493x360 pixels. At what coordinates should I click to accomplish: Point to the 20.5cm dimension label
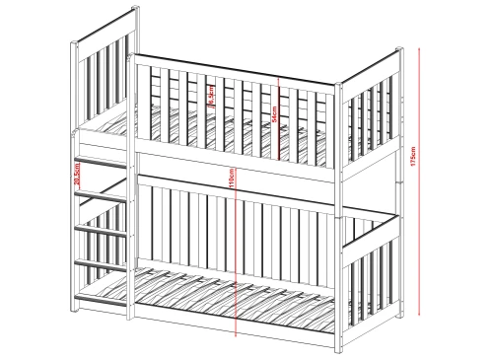click(x=77, y=176)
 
